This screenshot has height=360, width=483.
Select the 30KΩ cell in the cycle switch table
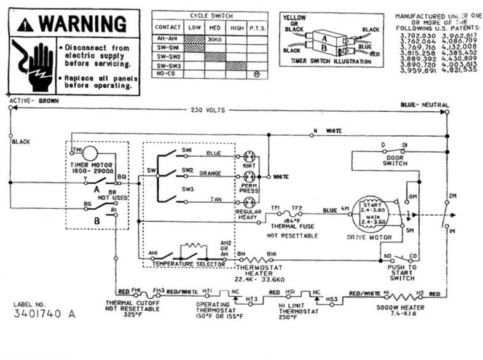pos(214,38)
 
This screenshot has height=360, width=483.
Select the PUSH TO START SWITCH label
pos(402,273)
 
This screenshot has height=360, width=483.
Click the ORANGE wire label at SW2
pos(209,173)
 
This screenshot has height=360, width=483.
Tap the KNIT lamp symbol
pos(249,156)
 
